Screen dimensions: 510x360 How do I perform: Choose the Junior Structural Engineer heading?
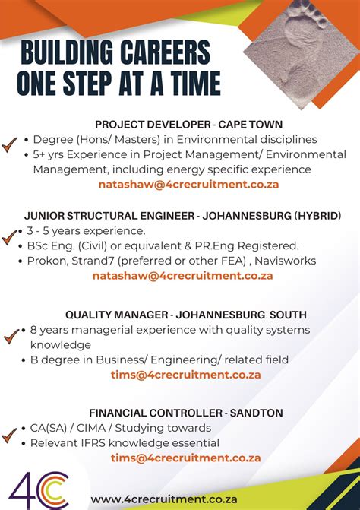(x=182, y=216)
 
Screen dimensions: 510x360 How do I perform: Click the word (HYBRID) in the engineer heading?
(x=317, y=216)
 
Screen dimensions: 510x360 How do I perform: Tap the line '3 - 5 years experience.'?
(x=85, y=230)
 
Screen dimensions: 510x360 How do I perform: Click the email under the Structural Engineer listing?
(x=182, y=276)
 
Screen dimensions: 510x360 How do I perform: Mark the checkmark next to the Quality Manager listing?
(x=11, y=335)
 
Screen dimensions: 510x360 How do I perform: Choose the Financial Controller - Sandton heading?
(x=186, y=413)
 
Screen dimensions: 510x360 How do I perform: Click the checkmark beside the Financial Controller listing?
(x=11, y=436)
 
